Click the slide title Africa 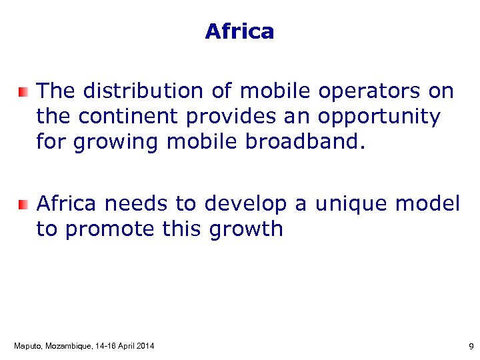[x=239, y=31]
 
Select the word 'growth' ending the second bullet [x=246, y=230]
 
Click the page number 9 [x=471, y=347]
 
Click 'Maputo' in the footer [x=27, y=346]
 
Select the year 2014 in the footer [x=145, y=346]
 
